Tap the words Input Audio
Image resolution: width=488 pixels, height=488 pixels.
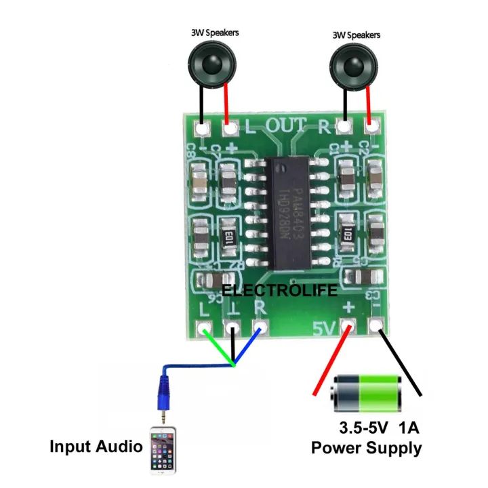(96, 447)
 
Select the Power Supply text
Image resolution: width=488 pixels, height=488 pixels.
(366, 448)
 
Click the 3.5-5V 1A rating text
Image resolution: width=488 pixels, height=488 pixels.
(379, 429)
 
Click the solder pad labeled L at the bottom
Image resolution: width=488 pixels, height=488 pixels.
(205, 330)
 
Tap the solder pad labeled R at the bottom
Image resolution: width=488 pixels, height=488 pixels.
(258, 330)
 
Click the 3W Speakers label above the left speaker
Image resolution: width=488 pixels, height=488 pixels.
(214, 32)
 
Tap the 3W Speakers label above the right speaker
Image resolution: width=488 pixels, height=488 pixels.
(357, 35)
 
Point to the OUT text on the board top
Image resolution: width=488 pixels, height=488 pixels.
(287, 125)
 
